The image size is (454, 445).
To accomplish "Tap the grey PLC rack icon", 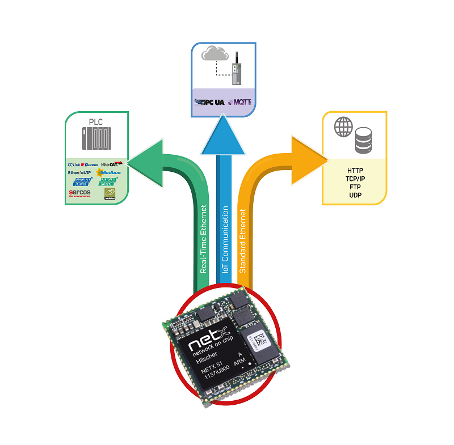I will coord(95,141).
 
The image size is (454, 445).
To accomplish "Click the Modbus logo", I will coord(108,172).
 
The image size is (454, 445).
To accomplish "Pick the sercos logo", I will coord(79,193).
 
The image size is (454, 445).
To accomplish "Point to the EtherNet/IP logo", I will coord(80,172).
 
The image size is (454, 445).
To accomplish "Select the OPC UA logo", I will coord(210,103).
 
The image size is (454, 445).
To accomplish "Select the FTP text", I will coord(355,187).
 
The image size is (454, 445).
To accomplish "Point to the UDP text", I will coord(355,195).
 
